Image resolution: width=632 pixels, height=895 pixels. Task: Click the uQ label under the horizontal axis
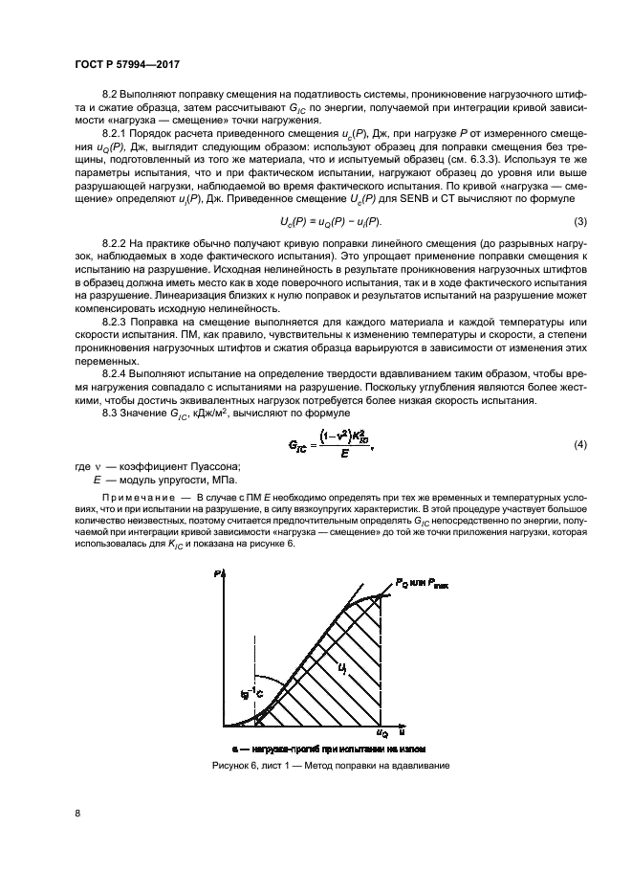pyautogui.click(x=382, y=734)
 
